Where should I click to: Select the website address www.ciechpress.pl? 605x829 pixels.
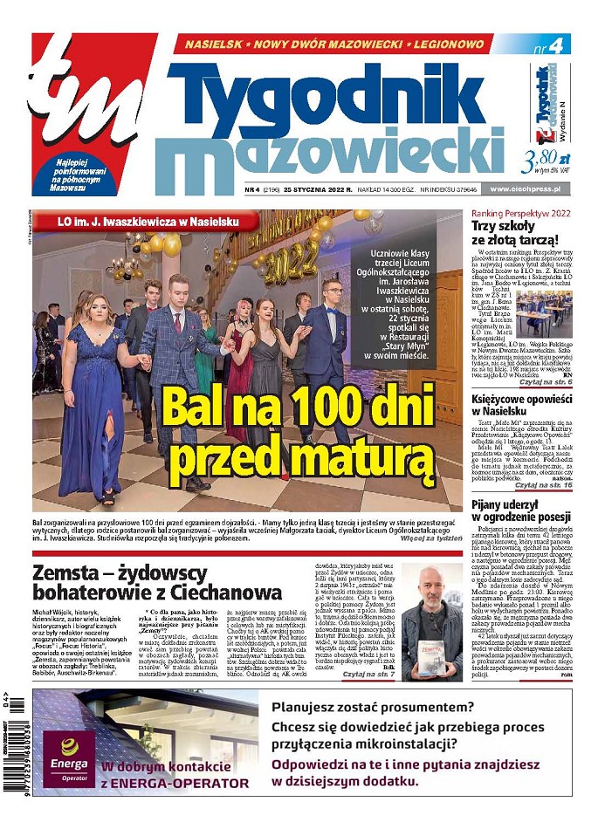click(529, 188)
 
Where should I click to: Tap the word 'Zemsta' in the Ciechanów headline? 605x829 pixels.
click(70, 574)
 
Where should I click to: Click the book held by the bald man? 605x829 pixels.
click(430, 656)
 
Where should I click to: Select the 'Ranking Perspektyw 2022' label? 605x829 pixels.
click(519, 213)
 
